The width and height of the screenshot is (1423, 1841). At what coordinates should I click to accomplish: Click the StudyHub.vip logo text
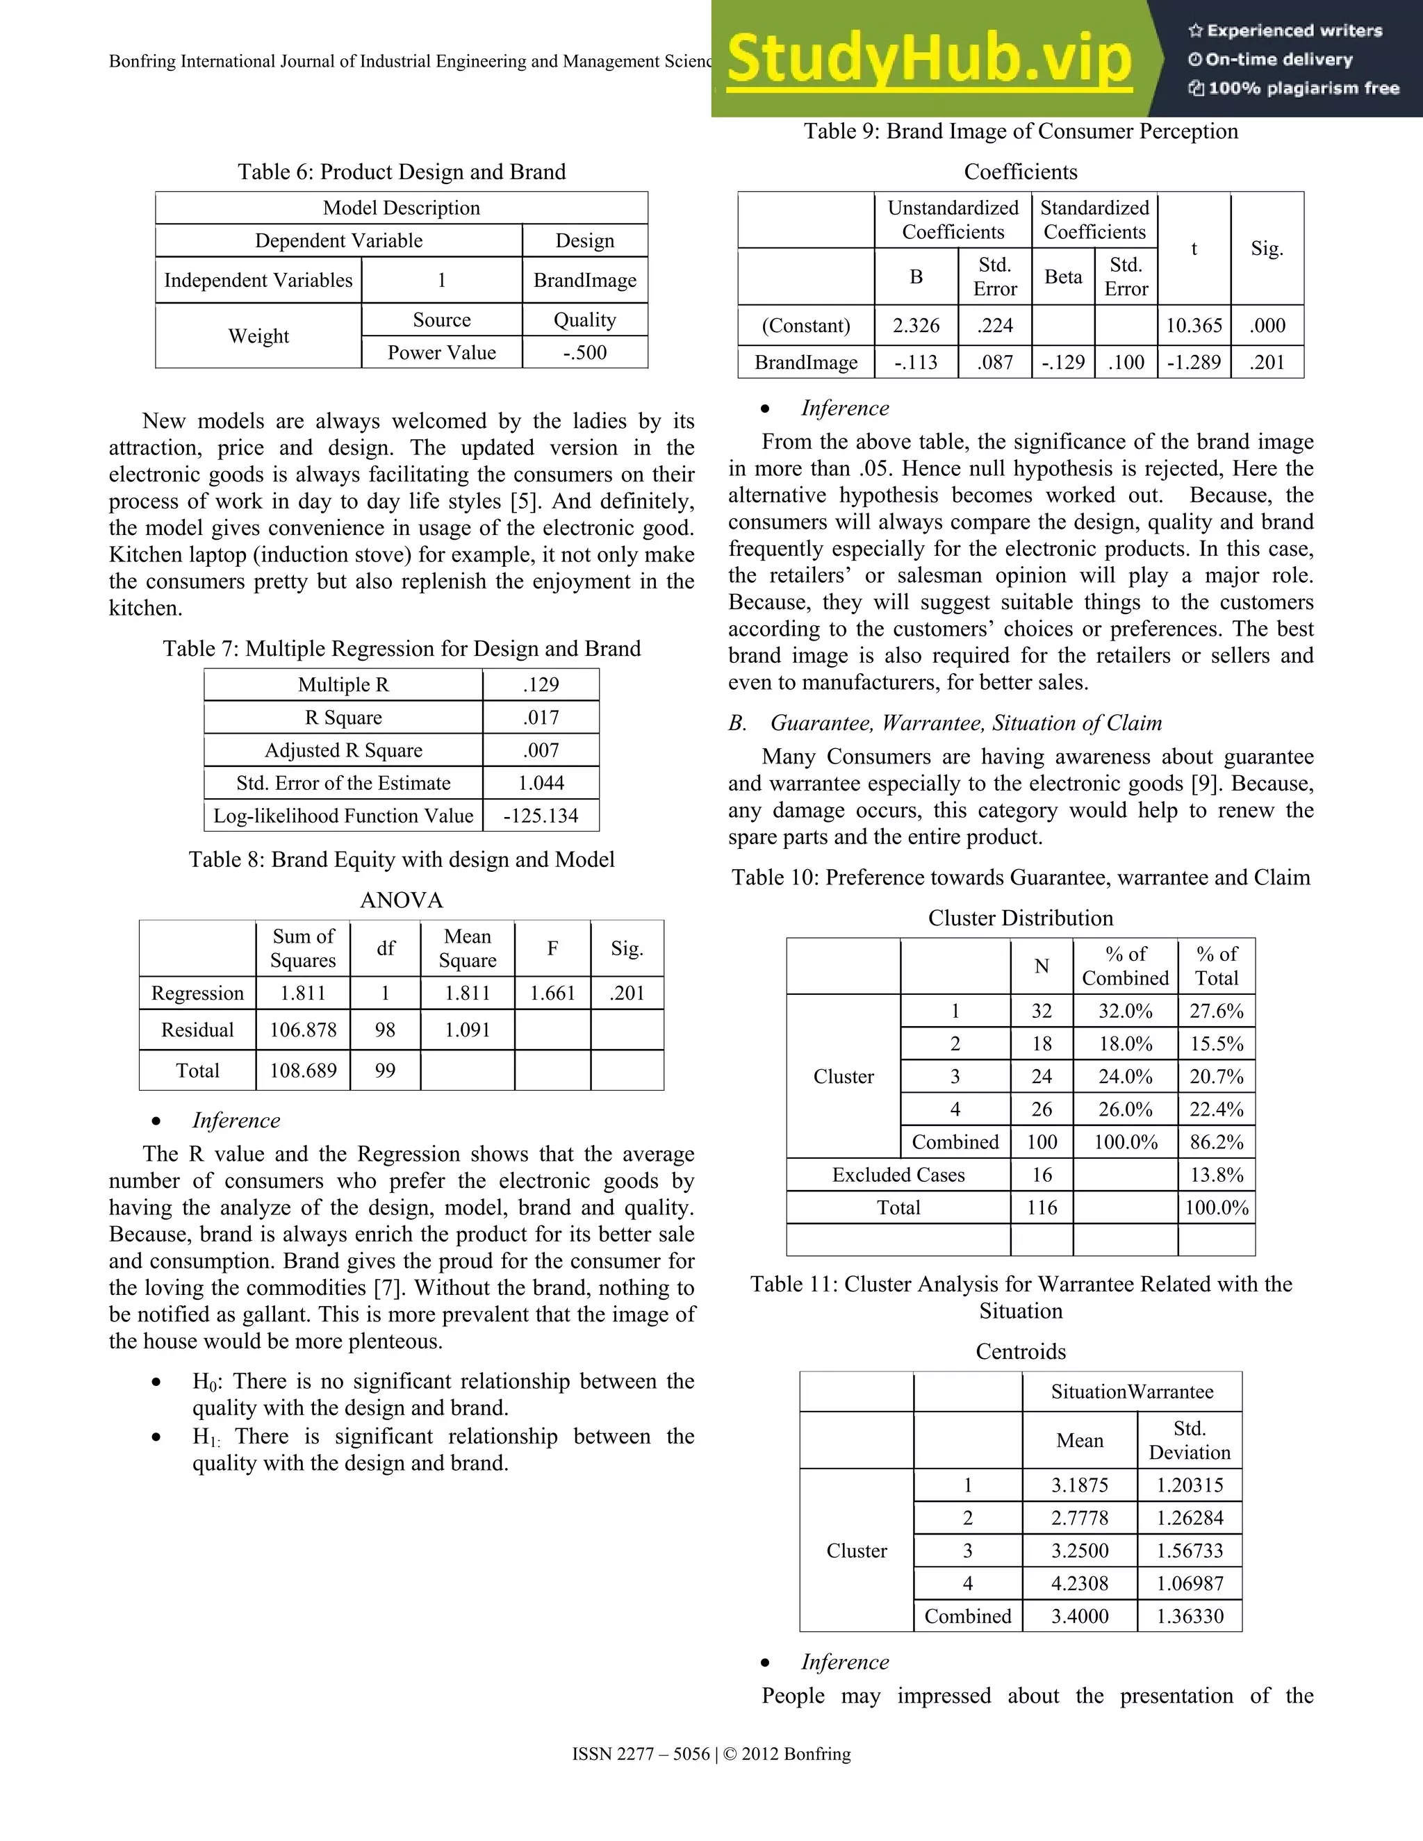tap(928, 59)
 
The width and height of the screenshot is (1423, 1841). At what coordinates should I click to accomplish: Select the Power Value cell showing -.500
tap(584, 352)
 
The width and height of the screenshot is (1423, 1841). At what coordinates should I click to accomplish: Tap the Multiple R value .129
tap(541, 684)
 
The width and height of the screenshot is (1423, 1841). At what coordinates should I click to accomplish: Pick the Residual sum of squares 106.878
tap(303, 1030)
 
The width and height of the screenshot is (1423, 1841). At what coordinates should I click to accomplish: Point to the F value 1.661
tap(552, 993)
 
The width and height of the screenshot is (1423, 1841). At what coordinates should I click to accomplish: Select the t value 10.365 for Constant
tap(1193, 325)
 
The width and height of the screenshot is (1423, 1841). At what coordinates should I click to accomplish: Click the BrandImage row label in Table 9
tap(805, 363)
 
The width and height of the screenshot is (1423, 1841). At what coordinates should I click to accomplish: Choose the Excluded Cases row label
tap(898, 1174)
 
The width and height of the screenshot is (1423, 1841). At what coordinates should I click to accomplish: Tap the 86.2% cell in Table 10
tap(1216, 1141)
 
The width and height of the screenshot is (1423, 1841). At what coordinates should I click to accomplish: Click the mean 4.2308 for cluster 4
tap(1079, 1583)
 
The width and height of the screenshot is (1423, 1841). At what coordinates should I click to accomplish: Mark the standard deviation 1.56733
tap(1189, 1550)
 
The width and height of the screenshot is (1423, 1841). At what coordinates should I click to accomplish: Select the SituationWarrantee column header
tap(1131, 1392)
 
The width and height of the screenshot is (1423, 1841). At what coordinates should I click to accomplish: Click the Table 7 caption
tap(402, 648)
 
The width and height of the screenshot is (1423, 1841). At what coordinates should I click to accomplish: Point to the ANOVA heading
tap(402, 900)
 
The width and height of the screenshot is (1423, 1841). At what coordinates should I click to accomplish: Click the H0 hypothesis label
tap(206, 1382)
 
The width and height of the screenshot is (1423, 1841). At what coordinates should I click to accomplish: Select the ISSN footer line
tap(711, 1754)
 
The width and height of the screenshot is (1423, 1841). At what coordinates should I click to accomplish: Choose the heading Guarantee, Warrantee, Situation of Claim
tap(965, 723)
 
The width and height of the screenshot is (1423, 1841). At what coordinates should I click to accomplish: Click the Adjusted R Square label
tap(343, 750)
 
